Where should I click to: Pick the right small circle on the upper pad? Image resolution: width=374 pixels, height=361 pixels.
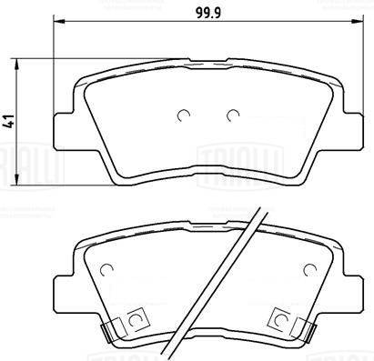[x=232, y=115]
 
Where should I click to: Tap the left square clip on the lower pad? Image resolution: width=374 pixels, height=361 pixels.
[x=137, y=319]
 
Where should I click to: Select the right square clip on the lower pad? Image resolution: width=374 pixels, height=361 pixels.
[x=279, y=319]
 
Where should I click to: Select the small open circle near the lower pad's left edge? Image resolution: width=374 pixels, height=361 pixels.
[x=106, y=271]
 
